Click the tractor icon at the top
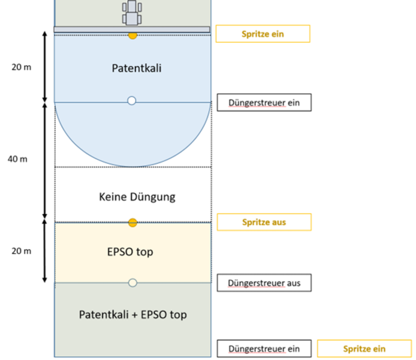tap(132, 12)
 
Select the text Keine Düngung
tap(137, 196)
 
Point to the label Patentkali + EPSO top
tap(132, 314)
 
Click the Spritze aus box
tap(264, 222)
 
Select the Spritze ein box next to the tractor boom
tap(263, 34)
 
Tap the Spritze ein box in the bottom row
tap(364, 349)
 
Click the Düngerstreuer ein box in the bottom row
tap(264, 349)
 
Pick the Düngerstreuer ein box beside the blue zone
tap(264, 103)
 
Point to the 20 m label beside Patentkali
tap(22, 67)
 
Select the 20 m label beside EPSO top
tap(22, 251)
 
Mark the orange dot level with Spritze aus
tap(132, 223)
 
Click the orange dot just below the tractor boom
tap(132, 36)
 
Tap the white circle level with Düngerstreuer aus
tap(132, 283)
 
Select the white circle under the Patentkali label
tap(132, 100)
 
